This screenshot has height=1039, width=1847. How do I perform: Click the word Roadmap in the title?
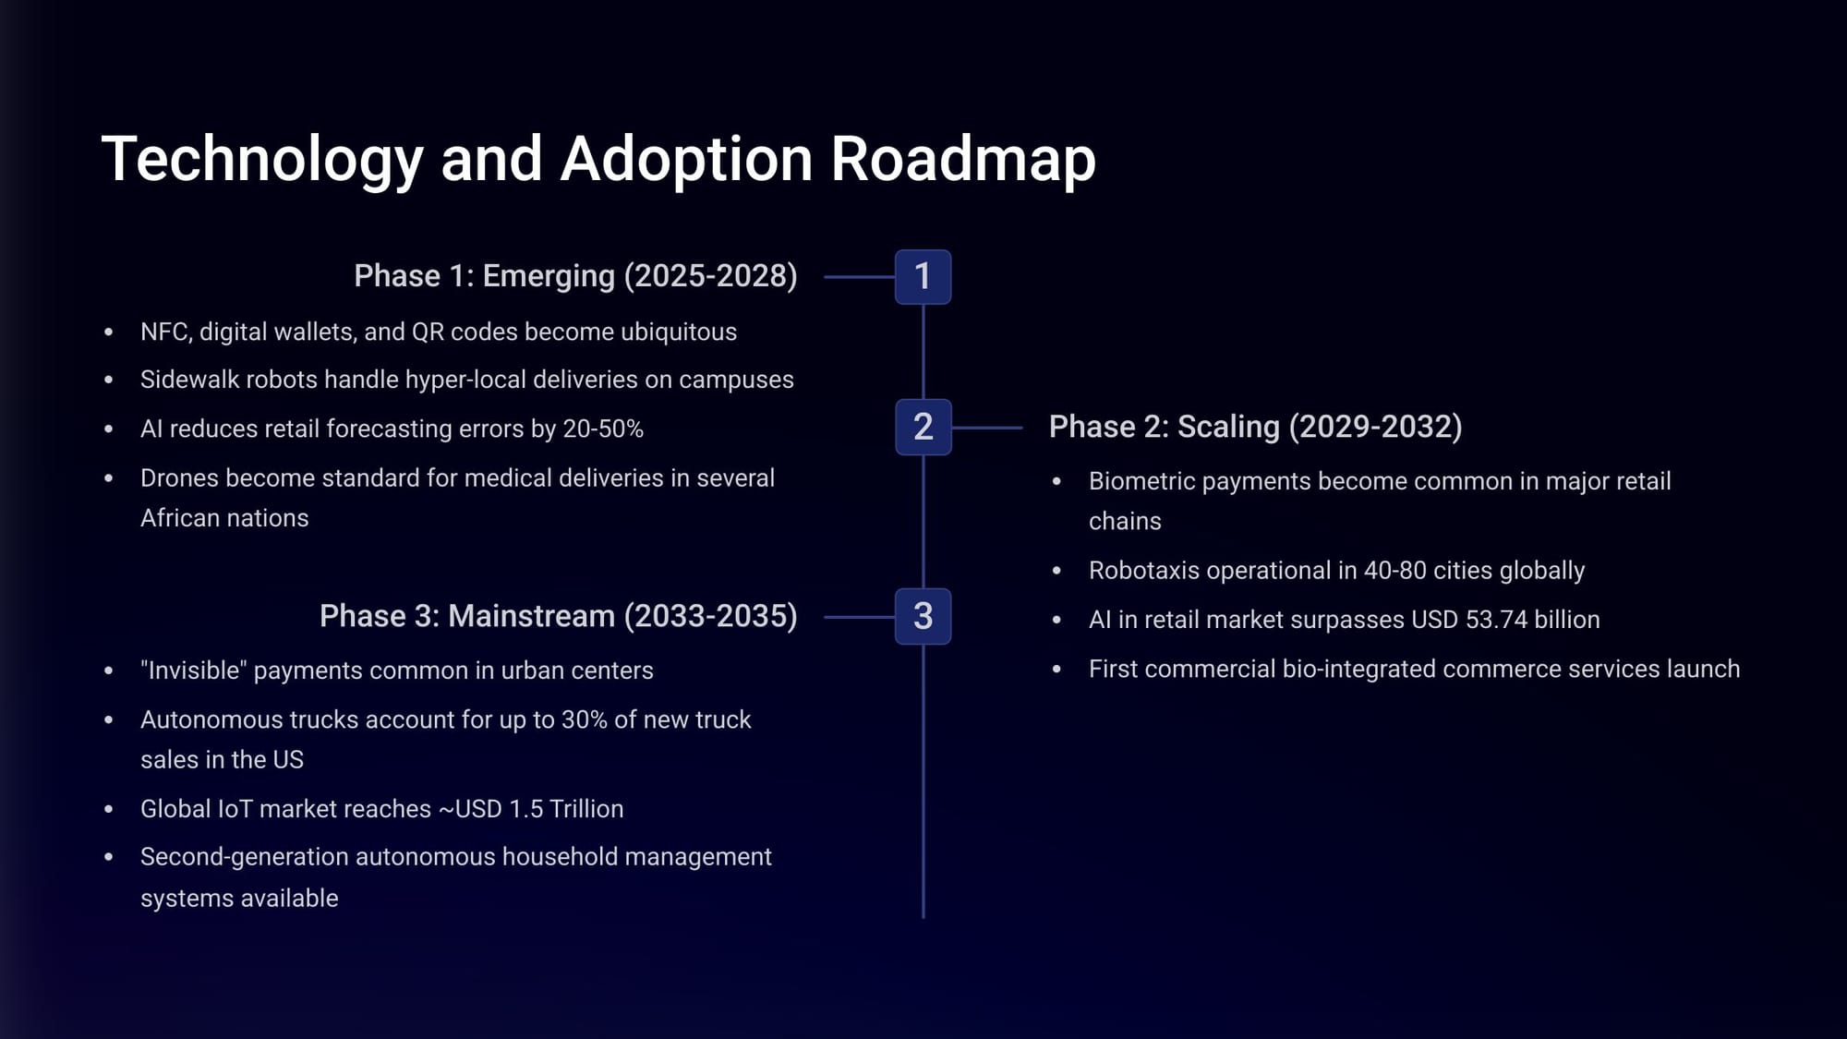[x=963, y=158]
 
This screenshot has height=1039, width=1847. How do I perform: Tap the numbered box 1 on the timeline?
[x=923, y=276]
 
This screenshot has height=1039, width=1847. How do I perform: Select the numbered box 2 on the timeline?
[x=923, y=427]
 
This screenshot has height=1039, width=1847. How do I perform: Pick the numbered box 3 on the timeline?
[x=923, y=616]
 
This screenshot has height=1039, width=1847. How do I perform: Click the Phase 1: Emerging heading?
[x=575, y=275]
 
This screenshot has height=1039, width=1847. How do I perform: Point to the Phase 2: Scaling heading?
[x=1255, y=427]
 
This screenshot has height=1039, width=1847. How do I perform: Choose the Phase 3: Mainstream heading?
[x=558, y=616]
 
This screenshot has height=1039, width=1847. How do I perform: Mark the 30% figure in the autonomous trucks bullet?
[x=584, y=719]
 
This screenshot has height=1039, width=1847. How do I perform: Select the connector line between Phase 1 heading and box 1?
[x=859, y=276]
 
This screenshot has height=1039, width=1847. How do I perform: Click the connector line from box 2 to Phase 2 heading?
[x=986, y=428]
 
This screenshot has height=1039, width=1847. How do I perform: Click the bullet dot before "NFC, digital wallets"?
[x=109, y=332]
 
